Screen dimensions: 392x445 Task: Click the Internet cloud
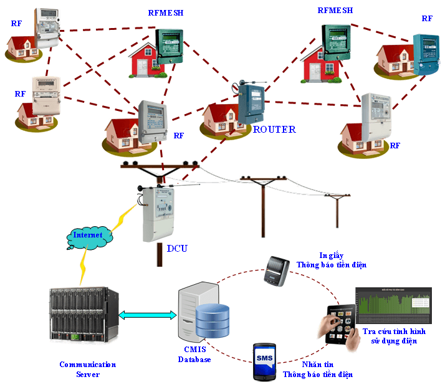click(x=90, y=236)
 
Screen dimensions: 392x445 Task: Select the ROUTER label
click(x=274, y=130)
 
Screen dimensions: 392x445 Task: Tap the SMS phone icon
click(x=264, y=361)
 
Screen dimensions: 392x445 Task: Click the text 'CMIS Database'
click(x=195, y=355)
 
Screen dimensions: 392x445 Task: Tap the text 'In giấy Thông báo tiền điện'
click(x=331, y=260)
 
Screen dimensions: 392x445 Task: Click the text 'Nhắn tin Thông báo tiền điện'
click(x=317, y=370)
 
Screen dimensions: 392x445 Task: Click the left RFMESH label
click(x=166, y=12)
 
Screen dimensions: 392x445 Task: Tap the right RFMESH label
click(x=335, y=11)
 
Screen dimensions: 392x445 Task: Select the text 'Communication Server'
click(x=87, y=369)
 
